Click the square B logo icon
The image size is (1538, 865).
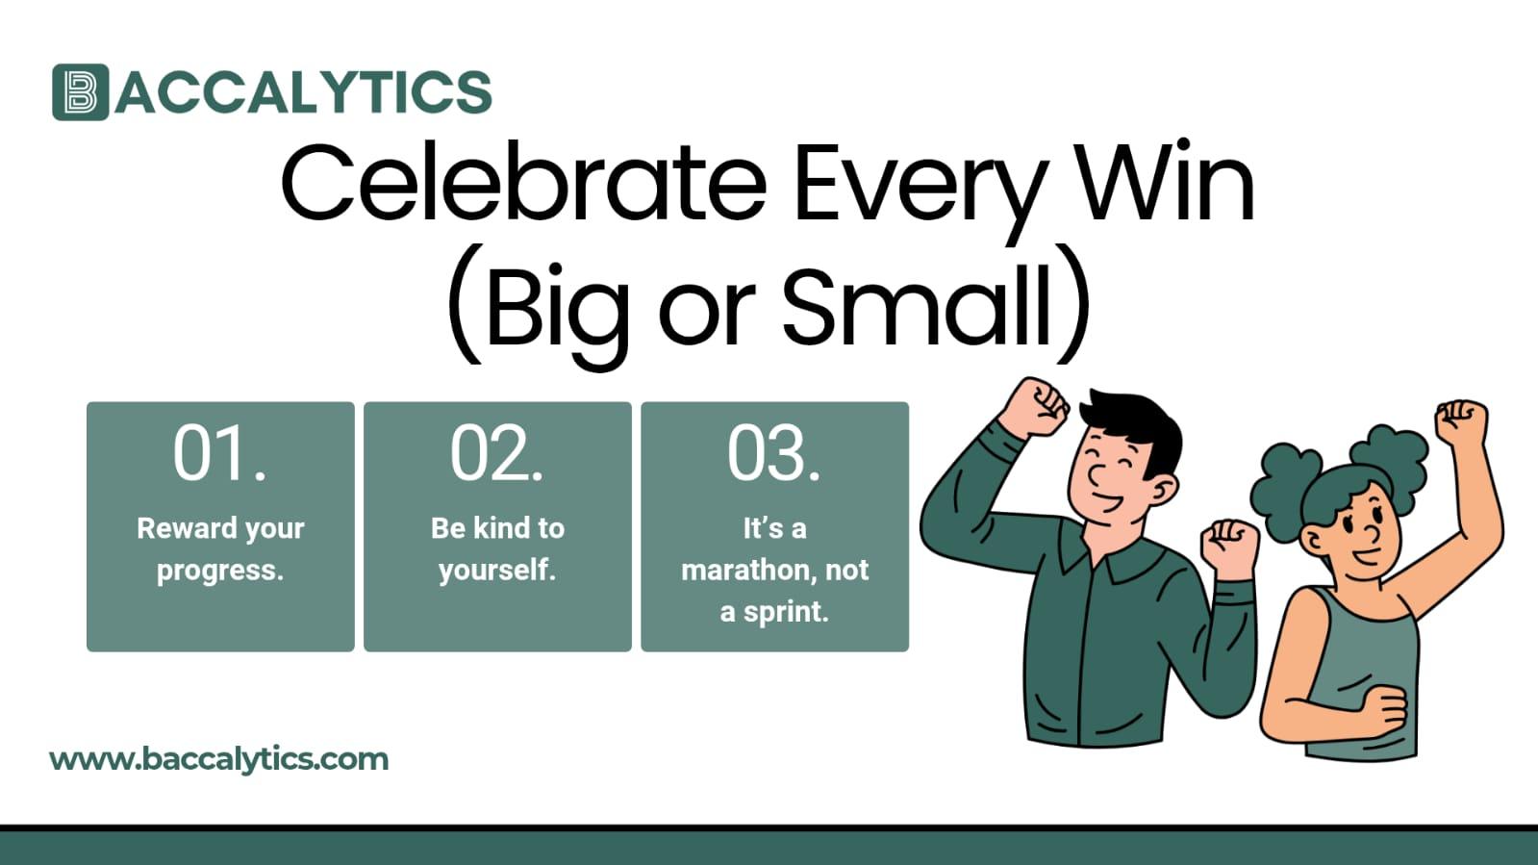click(80, 92)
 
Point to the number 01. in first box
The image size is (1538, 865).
click(219, 453)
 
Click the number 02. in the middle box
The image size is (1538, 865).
click(496, 453)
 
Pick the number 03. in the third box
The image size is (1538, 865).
click(773, 453)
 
